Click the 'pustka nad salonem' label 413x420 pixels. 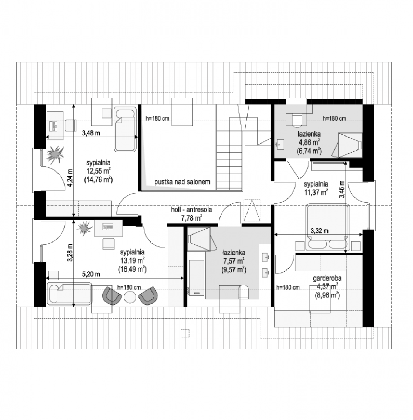182,182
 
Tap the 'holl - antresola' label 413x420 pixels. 191,210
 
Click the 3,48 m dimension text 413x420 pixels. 91,133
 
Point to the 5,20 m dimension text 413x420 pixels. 91,274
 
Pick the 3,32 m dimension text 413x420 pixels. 319,231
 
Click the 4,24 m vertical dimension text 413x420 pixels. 70,178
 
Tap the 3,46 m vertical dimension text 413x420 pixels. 341,189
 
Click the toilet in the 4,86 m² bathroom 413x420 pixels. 296,120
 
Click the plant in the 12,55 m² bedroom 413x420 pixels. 55,155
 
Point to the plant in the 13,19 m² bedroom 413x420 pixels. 84,228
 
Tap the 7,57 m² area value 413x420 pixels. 233,261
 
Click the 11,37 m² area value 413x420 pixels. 316,192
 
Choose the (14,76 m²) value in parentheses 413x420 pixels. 98,180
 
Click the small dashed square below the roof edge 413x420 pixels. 185,333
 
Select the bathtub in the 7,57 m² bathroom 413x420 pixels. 196,278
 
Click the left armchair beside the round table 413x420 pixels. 112,295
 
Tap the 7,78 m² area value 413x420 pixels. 191,218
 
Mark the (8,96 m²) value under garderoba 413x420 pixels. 327,295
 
